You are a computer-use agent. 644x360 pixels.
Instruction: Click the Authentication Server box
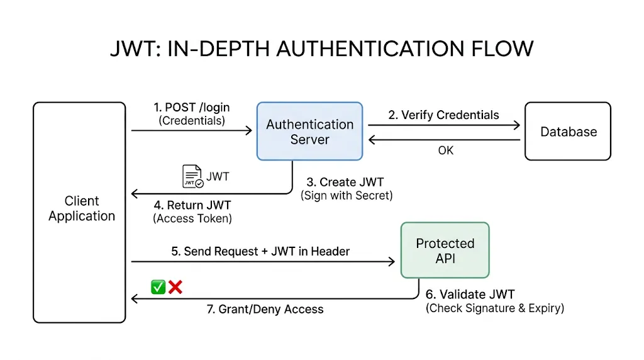pos(309,132)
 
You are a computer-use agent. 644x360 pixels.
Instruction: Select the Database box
pos(568,132)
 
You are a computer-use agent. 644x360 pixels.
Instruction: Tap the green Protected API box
pos(445,250)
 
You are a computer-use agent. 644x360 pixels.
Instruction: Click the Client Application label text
pos(82,208)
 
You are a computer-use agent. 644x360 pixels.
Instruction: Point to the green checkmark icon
pos(158,288)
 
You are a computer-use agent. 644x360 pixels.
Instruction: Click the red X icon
pos(175,288)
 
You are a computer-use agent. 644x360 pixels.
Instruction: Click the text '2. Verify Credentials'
pos(443,115)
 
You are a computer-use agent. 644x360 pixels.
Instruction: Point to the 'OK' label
pos(445,150)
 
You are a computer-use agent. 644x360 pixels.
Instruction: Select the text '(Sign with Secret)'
pos(347,196)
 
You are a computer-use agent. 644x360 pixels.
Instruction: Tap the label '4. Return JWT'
pos(192,205)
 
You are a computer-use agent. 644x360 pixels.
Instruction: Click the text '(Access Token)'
pos(192,218)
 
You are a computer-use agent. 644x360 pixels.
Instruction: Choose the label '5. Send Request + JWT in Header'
pos(260,251)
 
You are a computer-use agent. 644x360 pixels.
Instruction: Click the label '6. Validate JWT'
pos(470,295)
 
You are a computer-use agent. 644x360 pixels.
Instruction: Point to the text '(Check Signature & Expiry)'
pos(495,308)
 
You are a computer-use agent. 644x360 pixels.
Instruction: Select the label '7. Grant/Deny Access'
pos(265,309)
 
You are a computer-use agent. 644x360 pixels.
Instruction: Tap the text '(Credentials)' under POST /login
pos(192,120)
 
